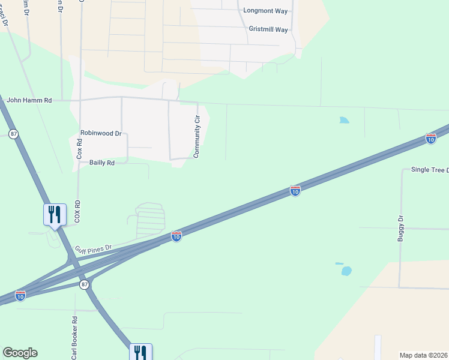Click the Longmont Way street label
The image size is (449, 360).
coord(265,10)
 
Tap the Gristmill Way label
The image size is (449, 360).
coord(268,29)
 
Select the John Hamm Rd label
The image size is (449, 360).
coord(28,100)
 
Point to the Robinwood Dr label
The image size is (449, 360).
coord(101,133)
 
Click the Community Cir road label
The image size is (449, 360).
coord(196,137)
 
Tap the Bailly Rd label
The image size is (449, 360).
coord(101,163)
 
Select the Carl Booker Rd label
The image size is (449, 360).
coord(74,338)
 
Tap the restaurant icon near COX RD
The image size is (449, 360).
coord(55,215)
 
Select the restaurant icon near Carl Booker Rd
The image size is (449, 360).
coord(140,352)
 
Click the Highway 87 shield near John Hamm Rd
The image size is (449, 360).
coord(13,133)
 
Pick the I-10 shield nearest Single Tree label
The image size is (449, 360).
coord(430,139)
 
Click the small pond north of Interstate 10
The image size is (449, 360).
coord(343,120)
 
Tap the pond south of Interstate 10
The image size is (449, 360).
coord(346,271)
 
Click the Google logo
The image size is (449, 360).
coord(20,353)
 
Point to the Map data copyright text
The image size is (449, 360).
coord(424,355)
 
